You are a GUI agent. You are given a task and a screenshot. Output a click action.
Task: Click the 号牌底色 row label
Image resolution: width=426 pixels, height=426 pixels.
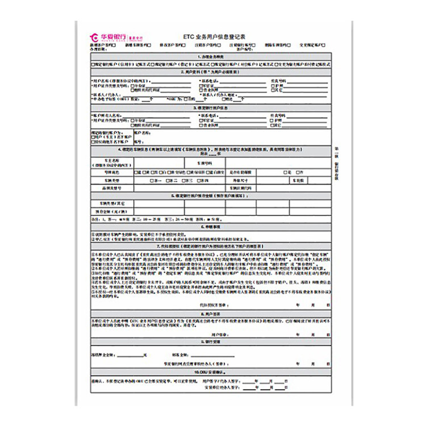(112, 171)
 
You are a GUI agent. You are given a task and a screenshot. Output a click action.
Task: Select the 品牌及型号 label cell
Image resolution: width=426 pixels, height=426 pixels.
(112, 187)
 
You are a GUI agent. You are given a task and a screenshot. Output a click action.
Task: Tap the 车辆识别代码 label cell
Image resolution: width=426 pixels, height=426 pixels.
(237, 187)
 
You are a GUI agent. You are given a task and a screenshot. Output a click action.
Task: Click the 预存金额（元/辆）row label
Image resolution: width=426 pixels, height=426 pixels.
(112, 210)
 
